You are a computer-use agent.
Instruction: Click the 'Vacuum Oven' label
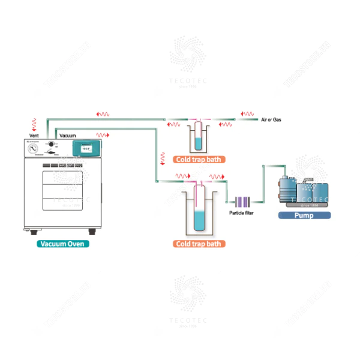click(64, 244)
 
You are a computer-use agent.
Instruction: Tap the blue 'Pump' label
click(305, 215)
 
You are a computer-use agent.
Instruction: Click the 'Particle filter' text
click(242, 213)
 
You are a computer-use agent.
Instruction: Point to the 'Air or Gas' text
click(271, 120)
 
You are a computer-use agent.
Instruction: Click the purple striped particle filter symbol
click(242, 202)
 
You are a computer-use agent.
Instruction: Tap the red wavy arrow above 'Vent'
click(34, 124)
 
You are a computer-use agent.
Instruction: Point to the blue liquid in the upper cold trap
click(198, 143)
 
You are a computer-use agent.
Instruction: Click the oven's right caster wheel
click(91, 231)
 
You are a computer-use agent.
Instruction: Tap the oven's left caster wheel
click(32, 231)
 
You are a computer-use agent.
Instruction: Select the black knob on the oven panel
click(52, 145)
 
